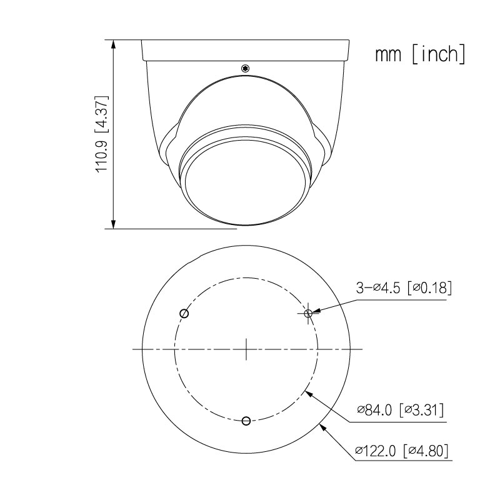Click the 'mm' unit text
387,54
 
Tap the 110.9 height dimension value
102,156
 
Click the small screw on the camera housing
245,68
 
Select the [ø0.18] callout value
429,288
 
